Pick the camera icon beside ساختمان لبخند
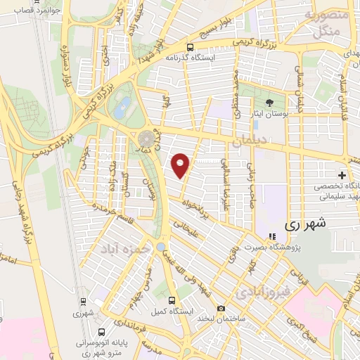pos(221,308)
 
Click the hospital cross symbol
pos(342,174)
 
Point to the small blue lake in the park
pos(124,108)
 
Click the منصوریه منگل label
pos(326,22)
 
